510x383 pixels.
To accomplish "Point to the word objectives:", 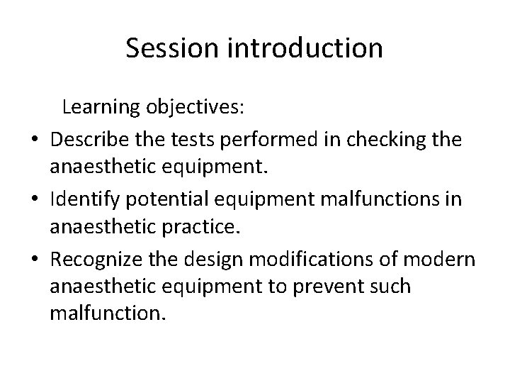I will coord(195,108).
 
